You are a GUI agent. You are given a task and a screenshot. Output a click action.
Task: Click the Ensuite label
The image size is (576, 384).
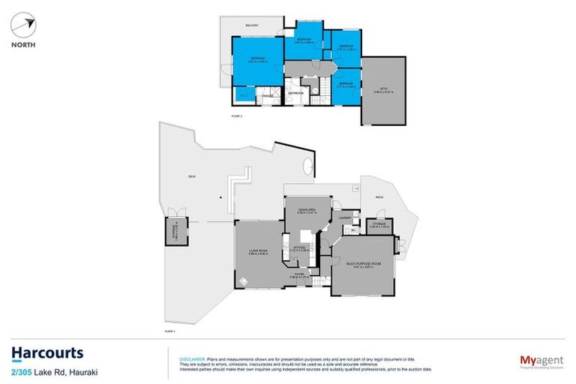pyautogui.click(x=266, y=95)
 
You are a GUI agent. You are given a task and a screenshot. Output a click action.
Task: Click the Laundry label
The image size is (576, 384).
pyautogui.click(x=344, y=217)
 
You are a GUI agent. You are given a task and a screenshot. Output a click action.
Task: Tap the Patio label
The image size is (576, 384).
pyautogui.click(x=379, y=197)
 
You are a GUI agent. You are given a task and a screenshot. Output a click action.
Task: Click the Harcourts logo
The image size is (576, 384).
pyautogui.click(x=46, y=352)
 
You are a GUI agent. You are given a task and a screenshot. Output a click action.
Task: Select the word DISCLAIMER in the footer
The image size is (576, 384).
pyautogui.click(x=191, y=359)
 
